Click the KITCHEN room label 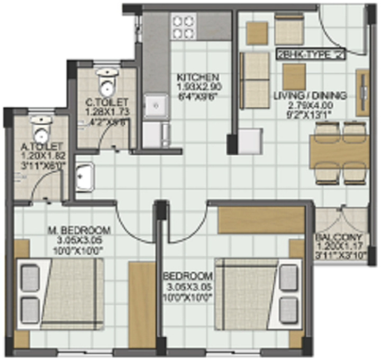click(198, 77)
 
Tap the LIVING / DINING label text click(310, 96)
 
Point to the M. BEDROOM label click(79, 230)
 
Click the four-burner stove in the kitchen click(183, 27)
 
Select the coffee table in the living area click(294, 77)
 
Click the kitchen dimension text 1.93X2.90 click(198, 86)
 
